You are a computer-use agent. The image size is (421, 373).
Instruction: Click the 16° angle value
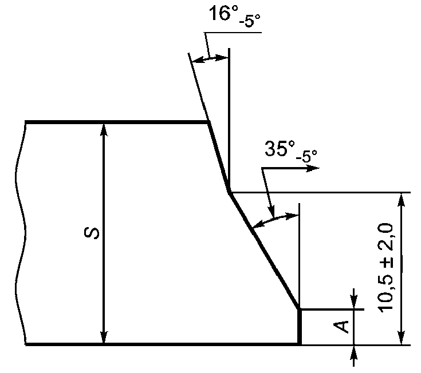[x=223, y=13]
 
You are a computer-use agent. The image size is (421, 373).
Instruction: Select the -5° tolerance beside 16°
[x=249, y=21]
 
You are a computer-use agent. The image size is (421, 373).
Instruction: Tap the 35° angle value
[x=280, y=148]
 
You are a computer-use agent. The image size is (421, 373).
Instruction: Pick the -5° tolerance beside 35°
[x=306, y=156]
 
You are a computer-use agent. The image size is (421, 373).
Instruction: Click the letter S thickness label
[x=92, y=232]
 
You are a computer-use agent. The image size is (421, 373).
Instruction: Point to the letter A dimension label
[x=341, y=327]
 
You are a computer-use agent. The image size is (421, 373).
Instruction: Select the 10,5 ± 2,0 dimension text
[x=385, y=268]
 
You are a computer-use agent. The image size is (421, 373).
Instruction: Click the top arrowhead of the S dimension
[x=104, y=129]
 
